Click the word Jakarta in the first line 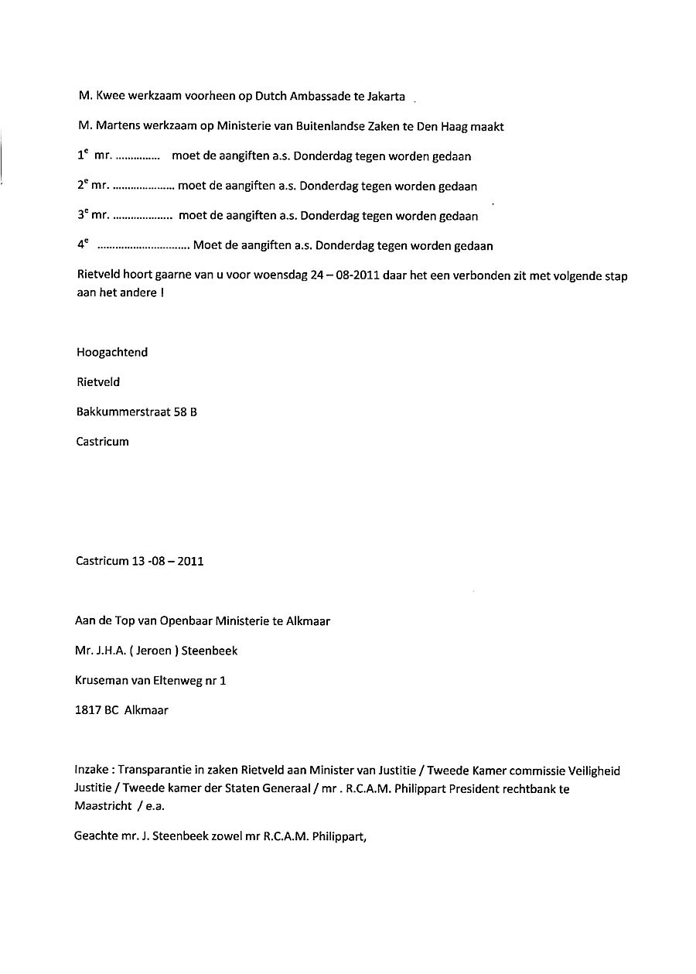[x=384, y=97]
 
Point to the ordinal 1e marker [x=83, y=155]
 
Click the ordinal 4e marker [x=83, y=245]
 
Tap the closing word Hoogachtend [x=112, y=353]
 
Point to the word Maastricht [x=102, y=805]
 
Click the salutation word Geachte [x=96, y=836]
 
